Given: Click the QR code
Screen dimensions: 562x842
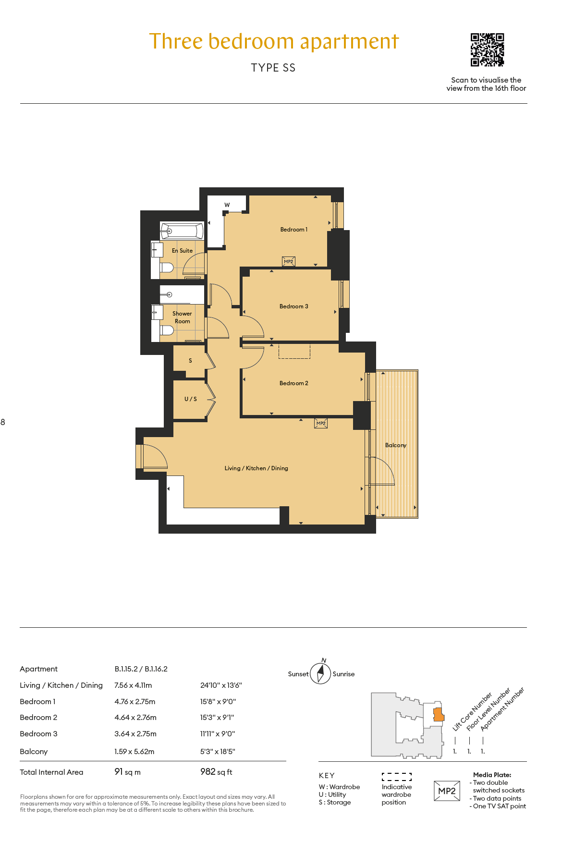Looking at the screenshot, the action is click(487, 49).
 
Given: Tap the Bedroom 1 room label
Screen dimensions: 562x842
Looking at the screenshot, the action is click(294, 230).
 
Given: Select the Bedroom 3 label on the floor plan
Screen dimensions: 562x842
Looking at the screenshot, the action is click(294, 306).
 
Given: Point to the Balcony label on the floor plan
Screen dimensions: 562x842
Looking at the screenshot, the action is click(396, 445).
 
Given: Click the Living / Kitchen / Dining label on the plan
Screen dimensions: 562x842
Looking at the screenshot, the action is click(257, 468).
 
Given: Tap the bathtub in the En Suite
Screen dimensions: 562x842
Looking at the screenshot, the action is click(182, 231).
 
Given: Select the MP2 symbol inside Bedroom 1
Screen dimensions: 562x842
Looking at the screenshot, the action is click(289, 262).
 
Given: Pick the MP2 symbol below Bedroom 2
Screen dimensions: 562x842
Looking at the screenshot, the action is click(321, 423).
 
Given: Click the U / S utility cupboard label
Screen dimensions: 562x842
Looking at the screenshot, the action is click(191, 399).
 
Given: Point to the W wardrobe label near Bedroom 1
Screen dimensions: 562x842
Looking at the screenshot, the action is click(227, 205).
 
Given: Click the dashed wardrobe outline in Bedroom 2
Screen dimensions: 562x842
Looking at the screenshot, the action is click(294, 351).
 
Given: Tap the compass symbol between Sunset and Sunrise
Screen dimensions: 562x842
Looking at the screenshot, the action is click(320, 672).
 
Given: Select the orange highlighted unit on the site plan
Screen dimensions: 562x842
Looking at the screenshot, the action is click(439, 714).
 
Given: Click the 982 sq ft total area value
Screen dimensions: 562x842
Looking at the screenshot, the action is click(216, 772).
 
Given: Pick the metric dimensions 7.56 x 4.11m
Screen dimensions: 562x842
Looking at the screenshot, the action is click(133, 685).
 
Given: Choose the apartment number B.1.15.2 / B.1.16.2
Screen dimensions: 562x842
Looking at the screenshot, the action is click(141, 669).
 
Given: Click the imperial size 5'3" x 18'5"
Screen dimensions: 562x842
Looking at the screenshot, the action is click(218, 752).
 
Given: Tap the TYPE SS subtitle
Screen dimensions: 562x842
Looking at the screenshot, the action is click(273, 68).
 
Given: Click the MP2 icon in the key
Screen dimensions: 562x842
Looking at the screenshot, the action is click(447, 791).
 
